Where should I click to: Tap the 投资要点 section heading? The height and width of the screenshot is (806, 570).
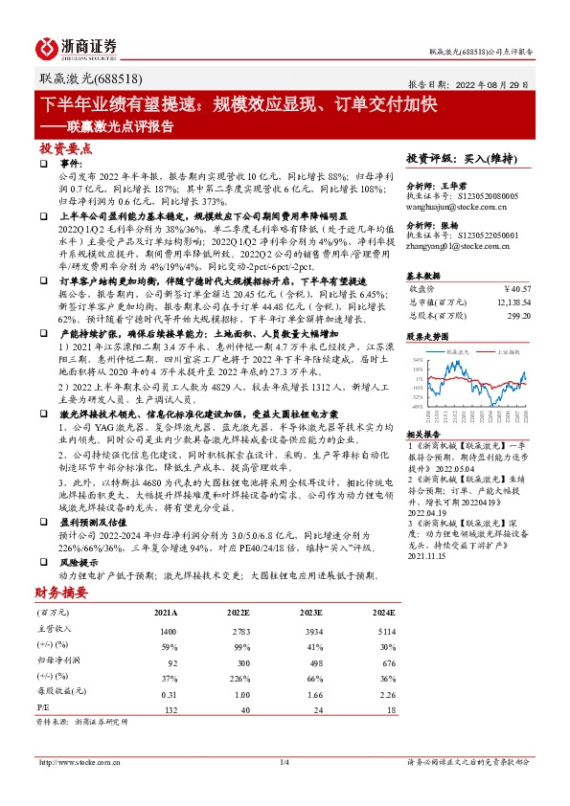[66, 149]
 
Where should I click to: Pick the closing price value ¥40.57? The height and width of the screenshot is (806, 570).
[516, 287]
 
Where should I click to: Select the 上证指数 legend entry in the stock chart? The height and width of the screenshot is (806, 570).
[506, 351]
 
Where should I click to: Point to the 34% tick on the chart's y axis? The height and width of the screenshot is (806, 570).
[418, 360]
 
